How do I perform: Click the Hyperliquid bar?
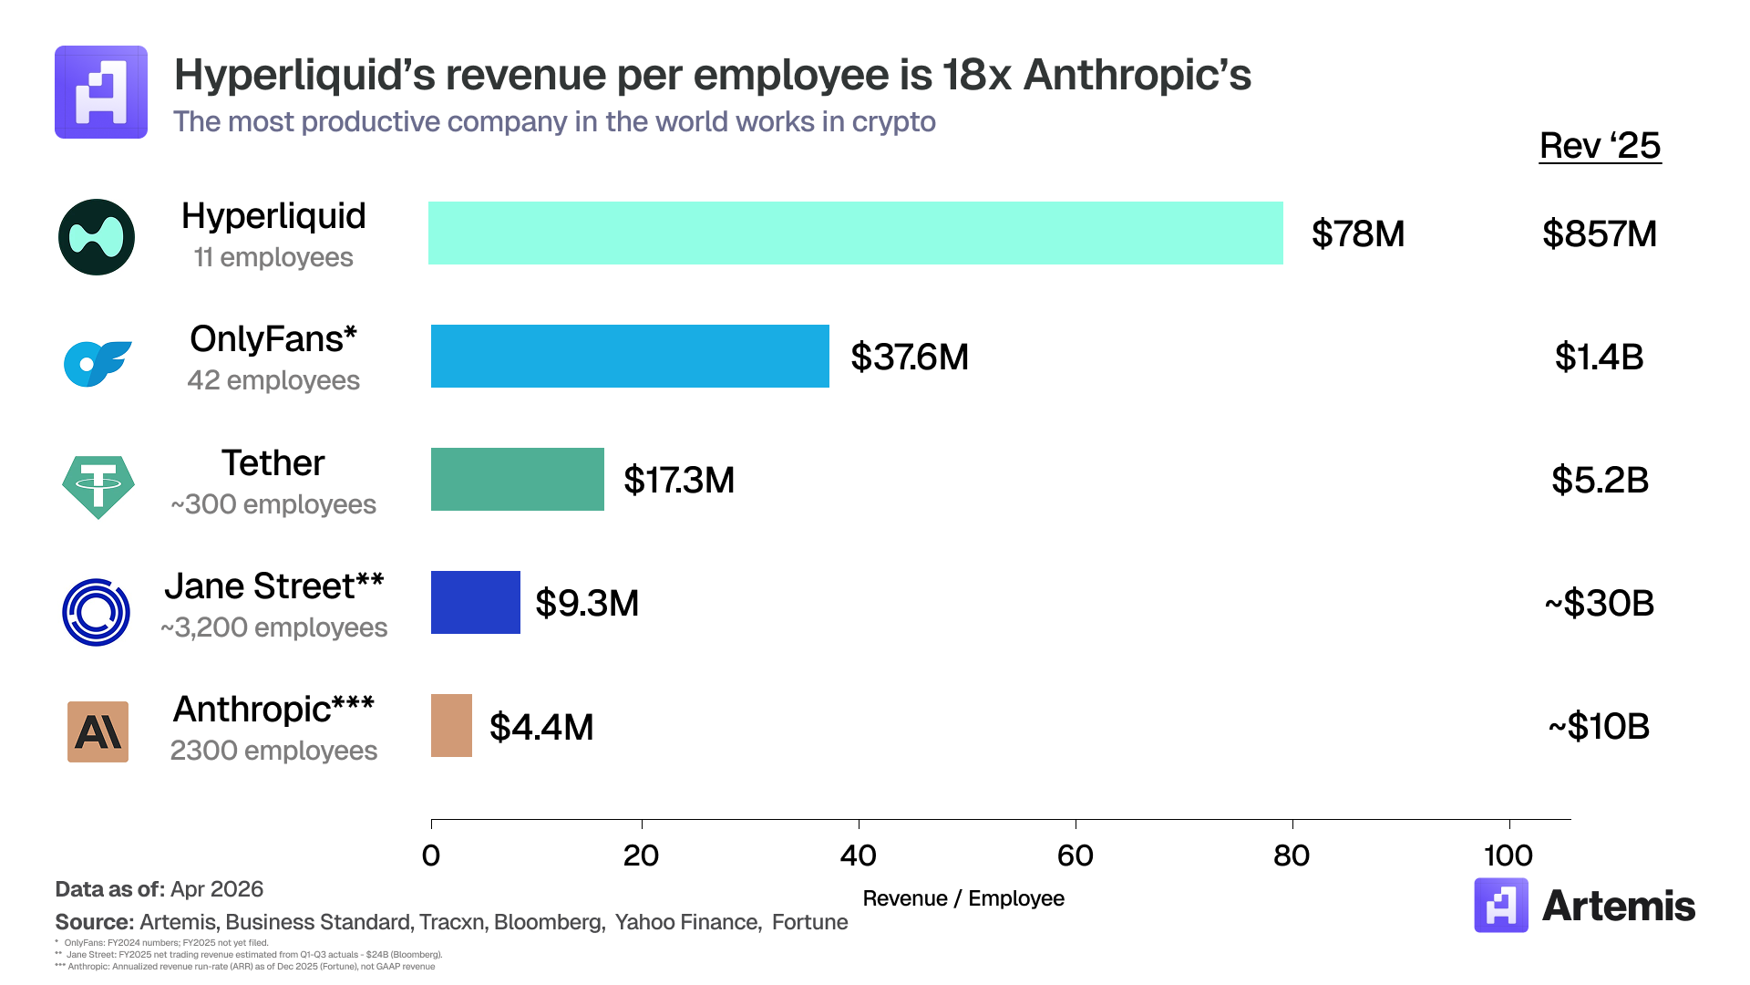pyautogui.click(x=855, y=233)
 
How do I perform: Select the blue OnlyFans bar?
pyautogui.click(x=630, y=357)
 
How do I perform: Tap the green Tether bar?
pyautogui.click(x=517, y=480)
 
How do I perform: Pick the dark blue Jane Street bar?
pyautogui.click(x=475, y=603)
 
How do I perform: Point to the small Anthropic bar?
pyautogui.click(x=451, y=726)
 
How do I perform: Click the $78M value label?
pyautogui.click(x=1357, y=234)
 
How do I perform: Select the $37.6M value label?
pyautogui.click(x=909, y=358)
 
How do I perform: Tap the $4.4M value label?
pyautogui.click(x=541, y=727)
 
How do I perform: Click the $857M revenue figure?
pyautogui.click(x=1599, y=234)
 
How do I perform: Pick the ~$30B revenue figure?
pyautogui.click(x=1599, y=604)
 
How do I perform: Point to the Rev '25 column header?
pyautogui.click(x=1600, y=146)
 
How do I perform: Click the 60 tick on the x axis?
pyautogui.click(x=1076, y=855)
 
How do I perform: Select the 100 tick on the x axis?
pyautogui.click(x=1508, y=855)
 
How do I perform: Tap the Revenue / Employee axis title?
pyautogui.click(x=963, y=898)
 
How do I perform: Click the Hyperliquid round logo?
pyautogui.click(x=97, y=237)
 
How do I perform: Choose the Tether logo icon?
pyautogui.click(x=98, y=486)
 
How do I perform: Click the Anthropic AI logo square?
pyautogui.click(x=98, y=731)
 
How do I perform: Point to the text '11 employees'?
pyautogui.click(x=273, y=258)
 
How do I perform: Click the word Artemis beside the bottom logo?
pyautogui.click(x=1618, y=906)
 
